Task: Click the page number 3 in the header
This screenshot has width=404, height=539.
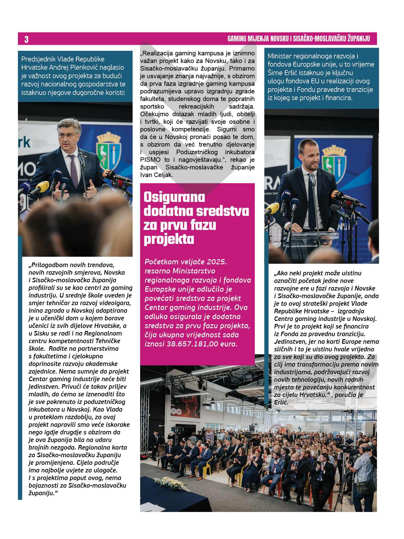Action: (x=26, y=39)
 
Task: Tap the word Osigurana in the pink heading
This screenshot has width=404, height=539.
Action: (x=174, y=197)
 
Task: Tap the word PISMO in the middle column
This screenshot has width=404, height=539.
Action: (x=150, y=160)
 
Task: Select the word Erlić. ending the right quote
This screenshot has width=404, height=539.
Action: (x=281, y=402)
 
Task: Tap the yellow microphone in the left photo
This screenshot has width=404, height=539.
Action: (x=43, y=186)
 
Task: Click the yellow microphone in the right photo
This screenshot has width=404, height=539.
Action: (x=273, y=208)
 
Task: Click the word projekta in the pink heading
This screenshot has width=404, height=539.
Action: (x=169, y=239)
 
